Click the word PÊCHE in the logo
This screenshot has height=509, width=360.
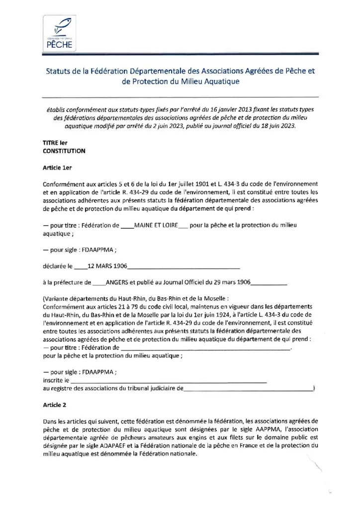[60, 44]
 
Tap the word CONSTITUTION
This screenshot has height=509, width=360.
[64, 151]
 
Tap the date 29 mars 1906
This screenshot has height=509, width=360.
[233, 283]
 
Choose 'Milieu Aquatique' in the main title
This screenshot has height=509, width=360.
[211, 81]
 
